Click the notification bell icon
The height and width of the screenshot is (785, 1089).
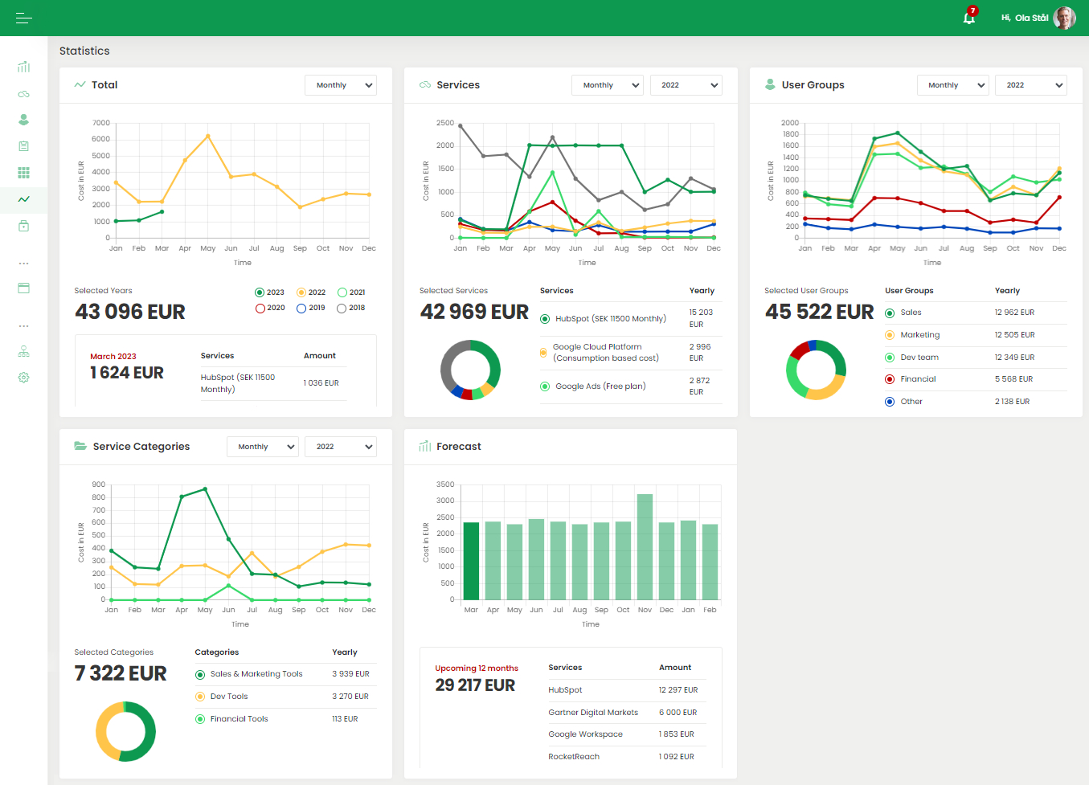point(969,18)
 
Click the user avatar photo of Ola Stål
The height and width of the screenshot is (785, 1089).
point(1064,18)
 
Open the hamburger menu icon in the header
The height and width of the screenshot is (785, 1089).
point(23,18)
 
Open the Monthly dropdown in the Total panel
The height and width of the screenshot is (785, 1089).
point(341,85)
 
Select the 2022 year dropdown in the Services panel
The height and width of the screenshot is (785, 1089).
point(686,85)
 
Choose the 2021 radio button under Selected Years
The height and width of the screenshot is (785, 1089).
point(342,292)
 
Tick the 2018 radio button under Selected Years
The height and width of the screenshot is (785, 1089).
point(342,308)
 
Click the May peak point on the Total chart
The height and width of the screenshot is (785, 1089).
point(208,137)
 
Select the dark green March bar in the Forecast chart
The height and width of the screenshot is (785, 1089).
point(471,561)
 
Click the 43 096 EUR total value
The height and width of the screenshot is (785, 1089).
point(130,312)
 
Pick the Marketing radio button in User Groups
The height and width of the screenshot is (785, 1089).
point(890,335)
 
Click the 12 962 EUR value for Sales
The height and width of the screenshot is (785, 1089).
point(1014,313)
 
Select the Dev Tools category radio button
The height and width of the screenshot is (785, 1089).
point(200,697)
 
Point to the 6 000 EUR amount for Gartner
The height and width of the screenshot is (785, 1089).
point(678,713)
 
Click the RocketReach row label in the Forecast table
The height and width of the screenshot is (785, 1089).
point(574,757)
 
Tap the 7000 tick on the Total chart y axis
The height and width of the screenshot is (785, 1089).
point(101,123)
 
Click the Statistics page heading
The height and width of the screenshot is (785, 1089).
point(84,51)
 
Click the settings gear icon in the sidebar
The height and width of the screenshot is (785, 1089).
point(23,378)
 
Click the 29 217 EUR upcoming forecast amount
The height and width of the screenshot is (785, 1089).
point(475,685)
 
